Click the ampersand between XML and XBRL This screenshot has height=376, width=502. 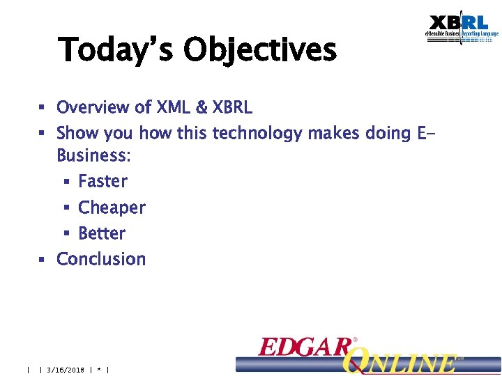201,108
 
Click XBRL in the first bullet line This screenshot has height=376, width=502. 232,108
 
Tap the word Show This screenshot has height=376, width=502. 77,133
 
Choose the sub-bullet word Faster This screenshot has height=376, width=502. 103,182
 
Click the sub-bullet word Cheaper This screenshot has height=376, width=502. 112,207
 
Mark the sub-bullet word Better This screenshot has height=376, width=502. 102,233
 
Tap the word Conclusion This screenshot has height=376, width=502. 101,259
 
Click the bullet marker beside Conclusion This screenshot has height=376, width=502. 42,260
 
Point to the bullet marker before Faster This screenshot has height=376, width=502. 64,182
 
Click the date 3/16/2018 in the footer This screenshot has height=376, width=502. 65,370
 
